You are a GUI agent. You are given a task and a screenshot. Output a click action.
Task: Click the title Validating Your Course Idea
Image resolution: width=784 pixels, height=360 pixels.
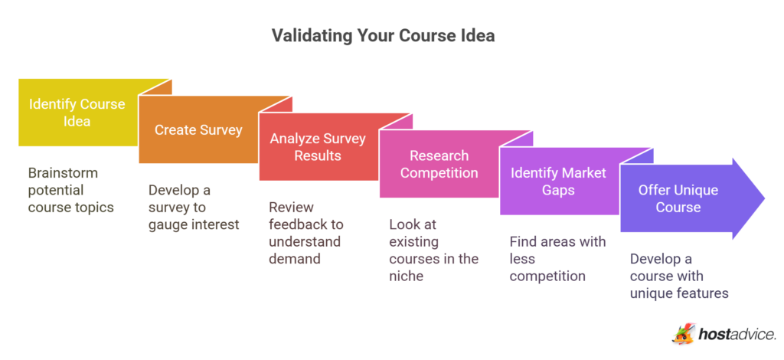pyautogui.click(x=392, y=36)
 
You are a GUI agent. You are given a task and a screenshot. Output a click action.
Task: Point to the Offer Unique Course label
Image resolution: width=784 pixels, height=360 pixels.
pyautogui.click(x=678, y=198)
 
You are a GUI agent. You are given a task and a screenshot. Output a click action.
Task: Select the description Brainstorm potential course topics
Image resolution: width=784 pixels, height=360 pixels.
pyautogui.click(x=70, y=190)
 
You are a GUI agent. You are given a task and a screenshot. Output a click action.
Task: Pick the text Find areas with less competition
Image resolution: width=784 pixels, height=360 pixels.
pyautogui.click(x=557, y=259)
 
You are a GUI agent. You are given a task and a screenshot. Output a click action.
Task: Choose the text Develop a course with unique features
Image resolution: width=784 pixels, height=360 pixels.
pyautogui.click(x=678, y=276)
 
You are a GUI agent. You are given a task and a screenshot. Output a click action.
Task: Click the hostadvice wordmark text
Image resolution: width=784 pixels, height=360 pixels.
pyautogui.click(x=737, y=333)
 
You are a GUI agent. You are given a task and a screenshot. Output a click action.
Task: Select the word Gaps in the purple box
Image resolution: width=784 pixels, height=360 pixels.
pyautogui.click(x=558, y=189)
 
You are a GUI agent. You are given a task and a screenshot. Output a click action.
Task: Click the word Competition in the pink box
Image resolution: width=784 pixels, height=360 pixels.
pyautogui.click(x=439, y=172)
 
